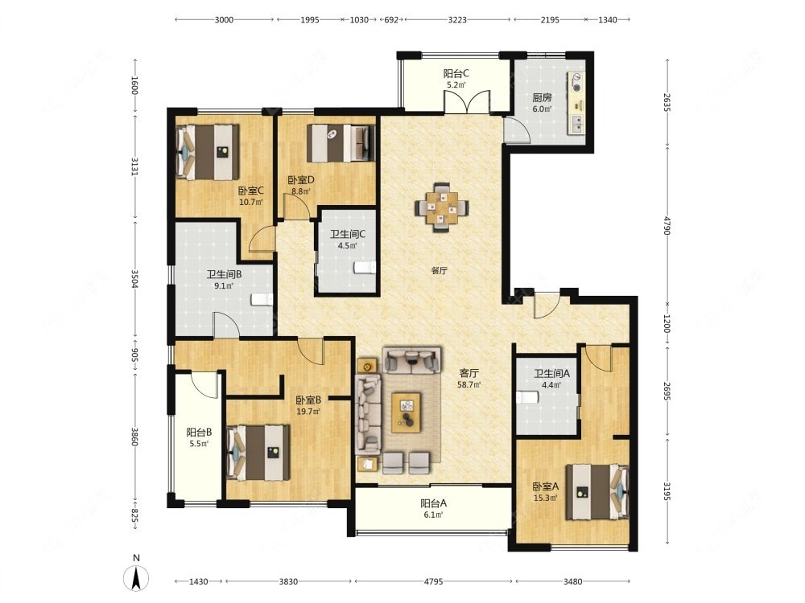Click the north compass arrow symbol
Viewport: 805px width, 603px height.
(x=136, y=579)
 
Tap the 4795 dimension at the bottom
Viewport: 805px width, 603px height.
(x=433, y=581)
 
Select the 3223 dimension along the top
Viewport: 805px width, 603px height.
(x=457, y=20)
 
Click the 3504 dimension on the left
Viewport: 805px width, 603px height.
(x=134, y=279)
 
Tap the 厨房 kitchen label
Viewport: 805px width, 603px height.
(x=542, y=97)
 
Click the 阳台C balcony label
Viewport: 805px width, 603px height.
(x=456, y=73)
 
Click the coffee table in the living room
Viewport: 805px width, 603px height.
(x=406, y=412)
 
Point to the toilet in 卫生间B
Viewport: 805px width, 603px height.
(x=262, y=299)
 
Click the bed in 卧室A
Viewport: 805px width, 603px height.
(x=597, y=492)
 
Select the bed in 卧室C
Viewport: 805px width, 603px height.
(x=208, y=152)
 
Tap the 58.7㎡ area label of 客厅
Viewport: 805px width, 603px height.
(x=469, y=384)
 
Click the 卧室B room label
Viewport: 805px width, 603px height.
(x=308, y=400)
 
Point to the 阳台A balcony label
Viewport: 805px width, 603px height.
(x=433, y=503)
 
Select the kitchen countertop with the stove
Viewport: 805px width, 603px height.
(x=576, y=103)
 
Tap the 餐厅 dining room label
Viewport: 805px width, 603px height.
(x=439, y=271)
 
